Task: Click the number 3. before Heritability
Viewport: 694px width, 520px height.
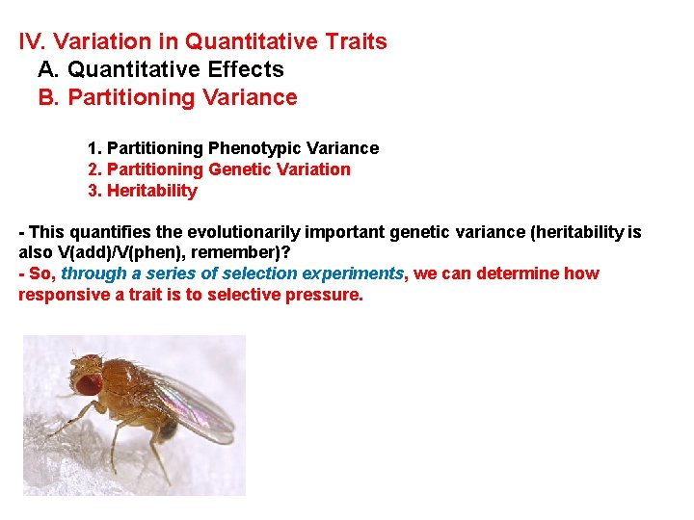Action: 94,191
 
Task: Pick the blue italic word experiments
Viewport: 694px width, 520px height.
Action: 357,273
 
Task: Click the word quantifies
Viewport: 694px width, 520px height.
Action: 109,233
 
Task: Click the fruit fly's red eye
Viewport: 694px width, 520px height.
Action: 88,383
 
